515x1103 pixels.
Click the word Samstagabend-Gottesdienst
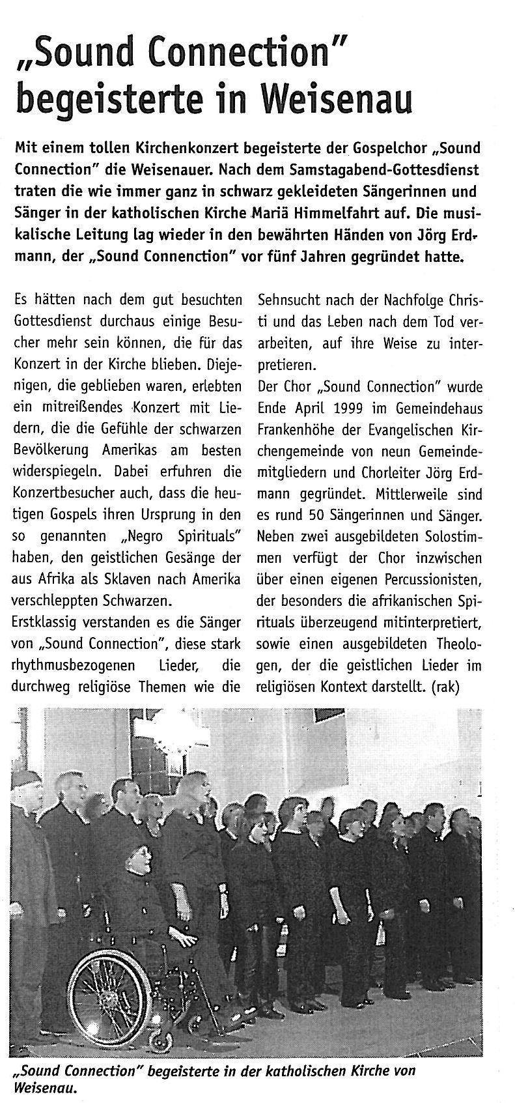point(390,170)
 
